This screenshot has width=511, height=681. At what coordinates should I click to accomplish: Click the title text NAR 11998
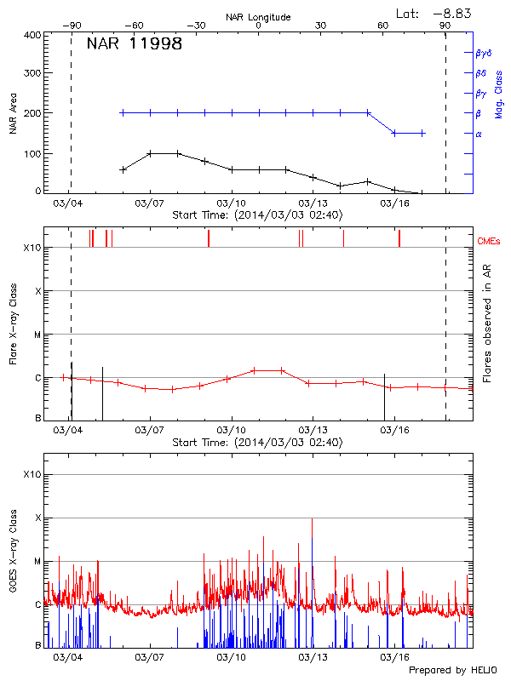click(x=134, y=44)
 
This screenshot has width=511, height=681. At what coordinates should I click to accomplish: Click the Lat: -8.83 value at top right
click(x=435, y=13)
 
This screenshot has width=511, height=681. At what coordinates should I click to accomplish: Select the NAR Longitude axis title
click(x=258, y=17)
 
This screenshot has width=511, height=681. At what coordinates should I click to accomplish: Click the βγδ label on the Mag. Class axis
click(x=483, y=53)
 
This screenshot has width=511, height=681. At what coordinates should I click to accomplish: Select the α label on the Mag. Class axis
click(x=479, y=134)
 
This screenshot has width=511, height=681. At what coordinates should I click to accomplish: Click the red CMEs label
click(x=489, y=241)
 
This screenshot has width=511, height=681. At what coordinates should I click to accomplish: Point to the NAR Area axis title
click(x=13, y=113)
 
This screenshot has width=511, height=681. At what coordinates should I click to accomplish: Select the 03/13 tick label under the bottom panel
click(x=313, y=657)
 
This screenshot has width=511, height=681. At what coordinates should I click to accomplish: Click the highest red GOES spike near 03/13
click(x=312, y=519)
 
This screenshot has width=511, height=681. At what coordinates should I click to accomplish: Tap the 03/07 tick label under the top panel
click(x=150, y=203)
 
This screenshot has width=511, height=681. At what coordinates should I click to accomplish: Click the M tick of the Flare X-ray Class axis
click(x=38, y=335)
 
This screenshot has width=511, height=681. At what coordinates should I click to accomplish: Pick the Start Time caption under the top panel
click(x=257, y=215)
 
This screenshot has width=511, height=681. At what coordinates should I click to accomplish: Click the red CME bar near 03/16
click(x=399, y=238)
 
